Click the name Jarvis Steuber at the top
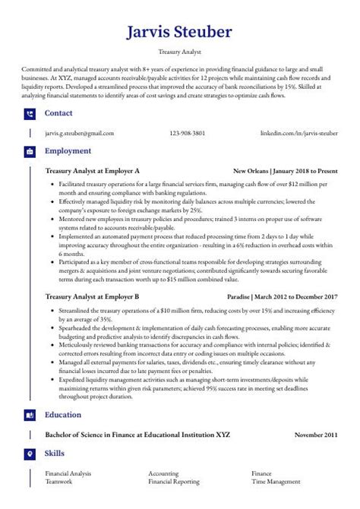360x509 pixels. tap(179, 33)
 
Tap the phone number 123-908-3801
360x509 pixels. tap(187, 133)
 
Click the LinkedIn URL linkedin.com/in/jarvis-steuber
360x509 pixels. tap(298, 133)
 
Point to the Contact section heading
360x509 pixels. tap(59, 113)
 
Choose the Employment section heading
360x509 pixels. tap(68, 151)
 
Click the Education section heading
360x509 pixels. tap(63, 416)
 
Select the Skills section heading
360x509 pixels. tap(55, 454)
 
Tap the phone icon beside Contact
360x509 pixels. tap(30, 114)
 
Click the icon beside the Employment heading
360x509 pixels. tap(30, 152)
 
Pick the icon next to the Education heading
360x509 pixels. tap(30, 416)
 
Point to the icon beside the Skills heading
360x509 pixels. tap(30, 454)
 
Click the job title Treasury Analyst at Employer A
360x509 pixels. tap(92, 171)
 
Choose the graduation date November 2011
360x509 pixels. tap(316, 435)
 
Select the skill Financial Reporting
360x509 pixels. tap(174, 482)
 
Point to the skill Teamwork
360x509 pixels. tap(58, 482)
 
